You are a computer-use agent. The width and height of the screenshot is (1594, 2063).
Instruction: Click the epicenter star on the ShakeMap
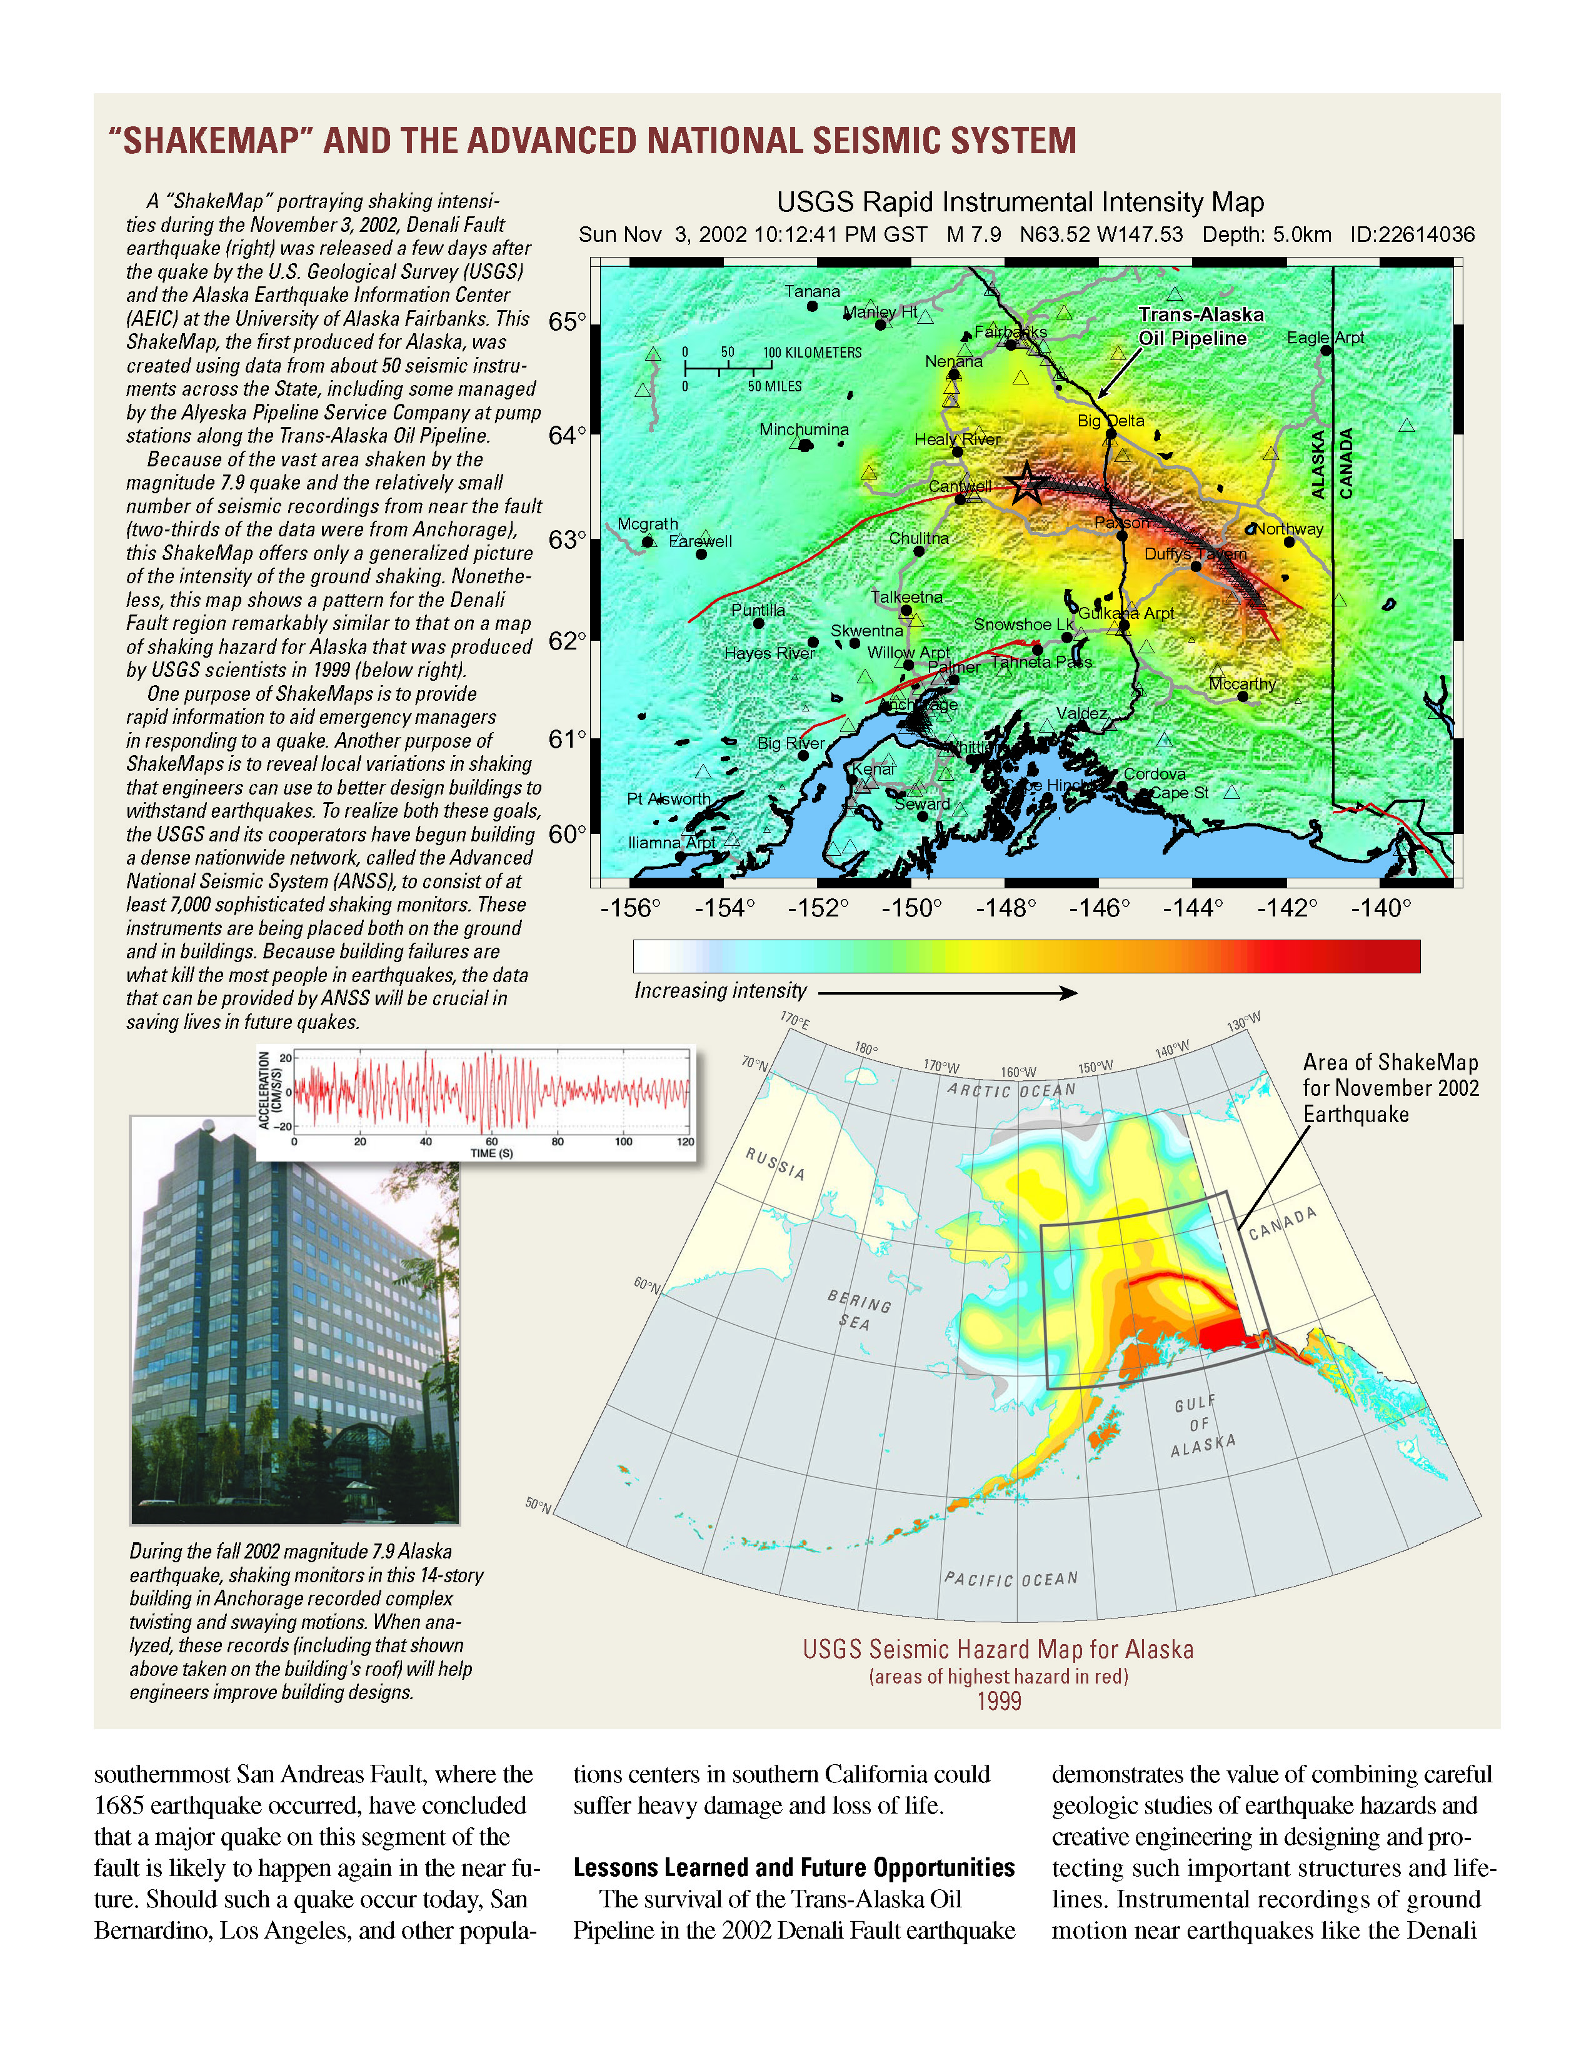[1026, 484]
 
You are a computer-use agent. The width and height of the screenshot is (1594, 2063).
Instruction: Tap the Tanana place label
[812, 291]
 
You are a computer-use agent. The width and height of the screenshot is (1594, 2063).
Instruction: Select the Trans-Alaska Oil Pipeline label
[1200, 326]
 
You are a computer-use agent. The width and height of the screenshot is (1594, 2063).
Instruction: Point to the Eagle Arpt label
[1325, 337]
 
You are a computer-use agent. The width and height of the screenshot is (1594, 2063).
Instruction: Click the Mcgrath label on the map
[648, 523]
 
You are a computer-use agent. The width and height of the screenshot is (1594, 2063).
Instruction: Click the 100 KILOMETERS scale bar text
[812, 353]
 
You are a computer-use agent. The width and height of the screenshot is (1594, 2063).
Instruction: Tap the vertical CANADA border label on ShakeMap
[1346, 463]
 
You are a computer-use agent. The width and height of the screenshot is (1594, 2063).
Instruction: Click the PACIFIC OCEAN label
[1010, 1579]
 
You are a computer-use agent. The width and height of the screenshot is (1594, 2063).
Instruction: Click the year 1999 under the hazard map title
[999, 1701]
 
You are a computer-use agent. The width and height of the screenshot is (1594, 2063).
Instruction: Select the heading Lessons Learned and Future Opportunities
[793, 1867]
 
